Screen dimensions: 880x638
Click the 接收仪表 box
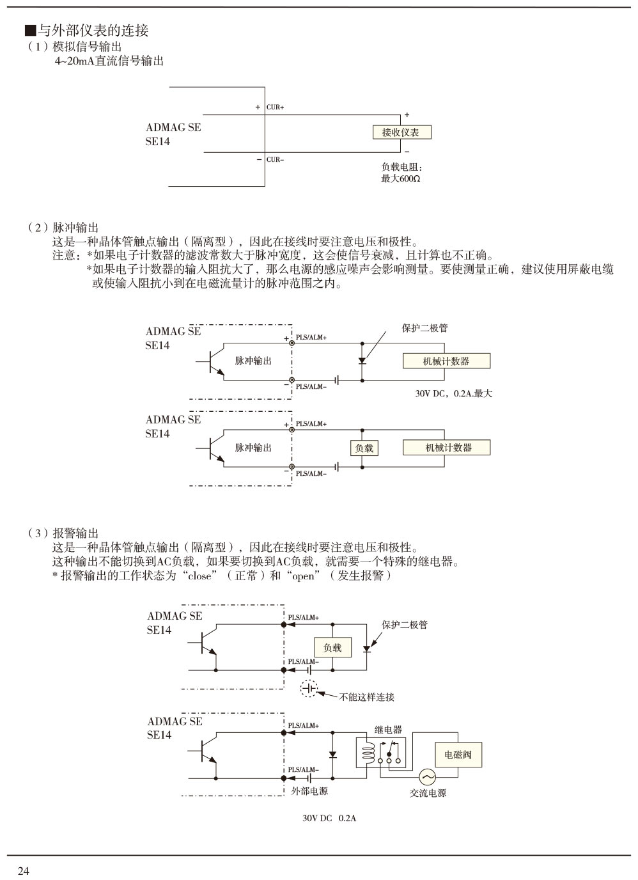401,132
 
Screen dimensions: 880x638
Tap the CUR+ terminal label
275,107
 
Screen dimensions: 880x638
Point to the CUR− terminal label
275,159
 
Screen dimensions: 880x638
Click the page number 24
24,871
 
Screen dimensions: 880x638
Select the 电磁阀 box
458,755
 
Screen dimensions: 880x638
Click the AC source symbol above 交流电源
427,777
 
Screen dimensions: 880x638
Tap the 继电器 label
388,730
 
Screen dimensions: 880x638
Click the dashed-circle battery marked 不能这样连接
309,689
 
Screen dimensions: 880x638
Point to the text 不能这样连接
367,696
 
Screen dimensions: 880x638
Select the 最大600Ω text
401,178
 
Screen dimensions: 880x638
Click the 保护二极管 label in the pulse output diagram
424,328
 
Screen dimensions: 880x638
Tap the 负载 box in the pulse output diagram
364,448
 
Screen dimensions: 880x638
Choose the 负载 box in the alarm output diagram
332,648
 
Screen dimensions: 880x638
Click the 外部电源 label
309,791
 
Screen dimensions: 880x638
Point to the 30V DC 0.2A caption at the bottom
329,818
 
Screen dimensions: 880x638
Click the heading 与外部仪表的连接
87,30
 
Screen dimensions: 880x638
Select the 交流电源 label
428,793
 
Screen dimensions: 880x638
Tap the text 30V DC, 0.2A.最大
454,393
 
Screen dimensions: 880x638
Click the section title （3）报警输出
63,533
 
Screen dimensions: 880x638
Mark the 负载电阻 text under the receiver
398,168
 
